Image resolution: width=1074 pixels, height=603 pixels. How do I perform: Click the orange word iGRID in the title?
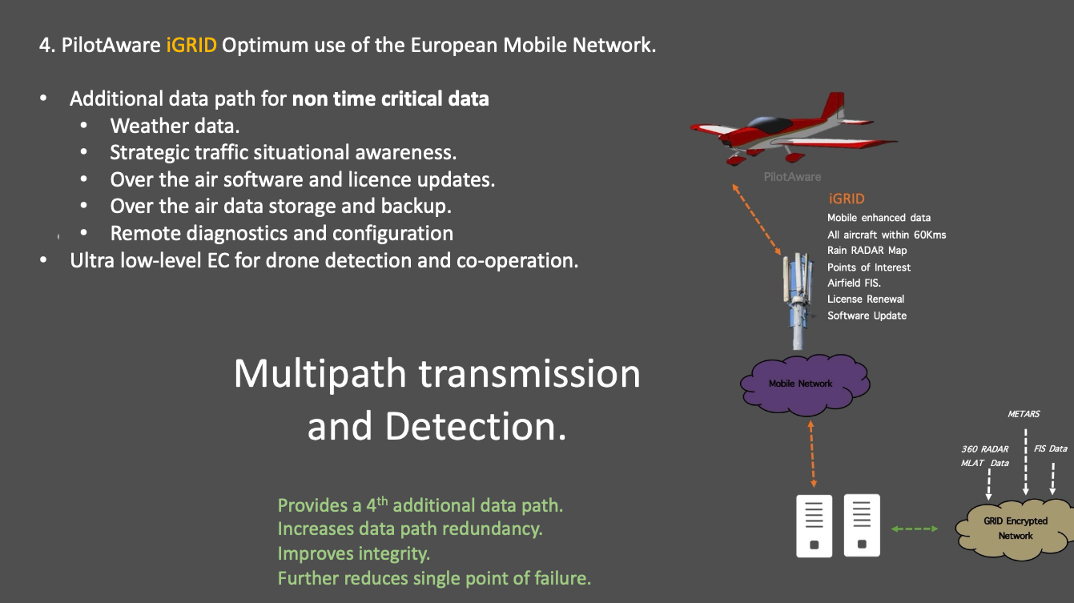point(191,45)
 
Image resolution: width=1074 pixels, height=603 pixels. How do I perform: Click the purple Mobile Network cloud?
point(800,384)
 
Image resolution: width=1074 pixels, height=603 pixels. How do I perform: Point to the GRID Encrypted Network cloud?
point(1015,528)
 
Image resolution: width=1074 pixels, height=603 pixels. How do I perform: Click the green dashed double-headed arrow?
point(915,529)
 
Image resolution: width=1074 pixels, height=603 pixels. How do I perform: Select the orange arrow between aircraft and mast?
point(758,219)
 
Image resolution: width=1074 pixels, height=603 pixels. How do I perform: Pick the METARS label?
point(1023,414)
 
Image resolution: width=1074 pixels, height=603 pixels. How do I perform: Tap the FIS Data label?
point(1050,448)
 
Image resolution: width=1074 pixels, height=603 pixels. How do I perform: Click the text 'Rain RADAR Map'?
point(867,251)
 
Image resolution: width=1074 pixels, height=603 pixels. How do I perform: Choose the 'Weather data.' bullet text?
point(175,126)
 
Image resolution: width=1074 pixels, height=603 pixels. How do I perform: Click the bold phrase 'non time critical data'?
point(390,99)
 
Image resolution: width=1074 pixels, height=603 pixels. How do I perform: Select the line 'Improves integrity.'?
point(353,553)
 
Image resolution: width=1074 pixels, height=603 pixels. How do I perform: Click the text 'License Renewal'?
point(866,299)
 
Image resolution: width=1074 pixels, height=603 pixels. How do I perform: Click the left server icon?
point(814,525)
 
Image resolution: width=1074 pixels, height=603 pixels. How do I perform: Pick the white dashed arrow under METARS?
point(1025,463)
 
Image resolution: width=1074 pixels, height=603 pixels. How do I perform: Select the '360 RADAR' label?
point(984,449)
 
